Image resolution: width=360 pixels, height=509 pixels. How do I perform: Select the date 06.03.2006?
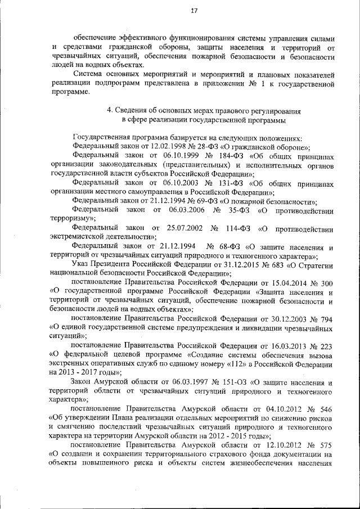pyautogui.click(x=187, y=210)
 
